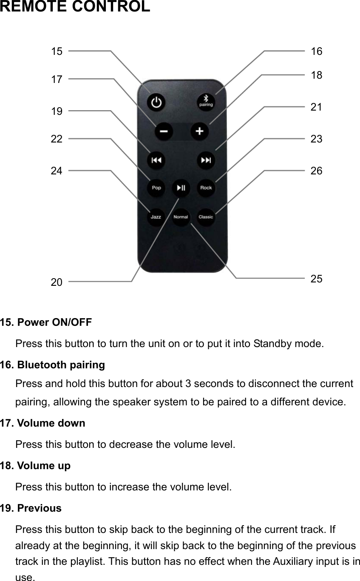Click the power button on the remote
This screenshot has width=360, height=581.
157,103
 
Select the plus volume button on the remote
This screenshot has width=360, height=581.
199,131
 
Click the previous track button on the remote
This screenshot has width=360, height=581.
156,160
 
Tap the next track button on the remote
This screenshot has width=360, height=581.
206,160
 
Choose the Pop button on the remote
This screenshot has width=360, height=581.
156,188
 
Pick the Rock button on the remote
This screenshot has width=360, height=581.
206,188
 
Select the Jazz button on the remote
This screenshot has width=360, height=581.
156,217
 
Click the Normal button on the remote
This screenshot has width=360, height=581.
181,217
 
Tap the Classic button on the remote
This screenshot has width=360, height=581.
206,217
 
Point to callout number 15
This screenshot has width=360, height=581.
57,51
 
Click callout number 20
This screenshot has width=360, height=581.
57,282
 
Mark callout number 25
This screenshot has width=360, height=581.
316,279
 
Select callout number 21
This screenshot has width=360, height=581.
316,107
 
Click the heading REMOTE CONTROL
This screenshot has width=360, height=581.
75,7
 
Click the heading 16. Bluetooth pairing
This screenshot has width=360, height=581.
52,365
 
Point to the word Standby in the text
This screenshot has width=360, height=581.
269,343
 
